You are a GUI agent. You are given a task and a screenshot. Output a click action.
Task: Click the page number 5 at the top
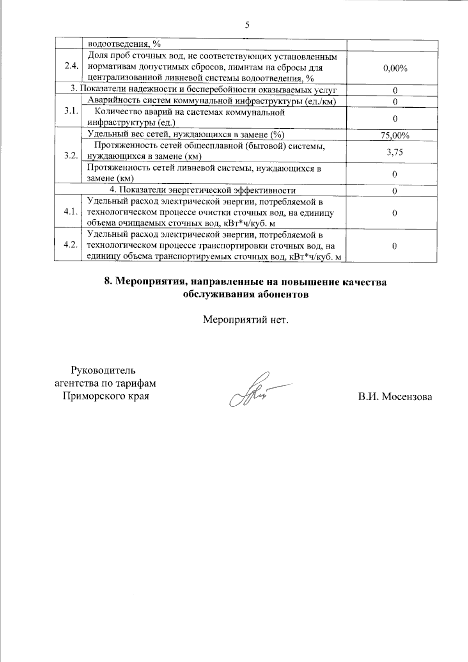[247, 25]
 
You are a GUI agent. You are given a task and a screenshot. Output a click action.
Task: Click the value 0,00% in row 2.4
[395, 69]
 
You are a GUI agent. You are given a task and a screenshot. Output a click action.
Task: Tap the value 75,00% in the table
[395, 135]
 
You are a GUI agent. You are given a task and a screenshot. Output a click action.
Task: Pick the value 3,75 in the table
[395, 152]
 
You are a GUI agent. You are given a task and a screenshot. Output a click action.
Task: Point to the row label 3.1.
[71, 111]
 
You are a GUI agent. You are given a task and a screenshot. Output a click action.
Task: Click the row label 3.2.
[71, 155]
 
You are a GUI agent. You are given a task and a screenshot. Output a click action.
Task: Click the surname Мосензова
[407, 397]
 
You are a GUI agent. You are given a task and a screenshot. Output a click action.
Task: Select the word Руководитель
[103, 370]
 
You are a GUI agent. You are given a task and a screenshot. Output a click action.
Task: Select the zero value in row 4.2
[395, 246]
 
